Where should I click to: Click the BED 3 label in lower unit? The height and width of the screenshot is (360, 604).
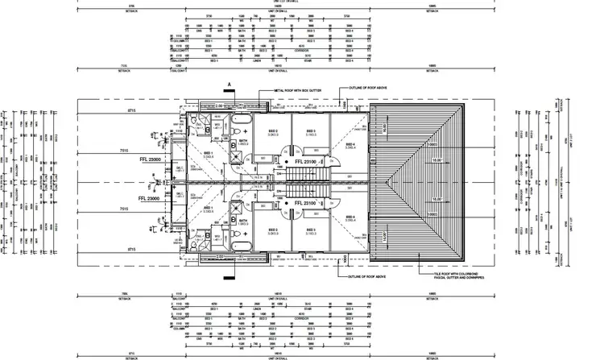click(x=310, y=230)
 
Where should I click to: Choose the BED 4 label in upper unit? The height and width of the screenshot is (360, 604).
click(x=350, y=146)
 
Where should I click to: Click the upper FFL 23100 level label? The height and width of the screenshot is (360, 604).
click(x=308, y=161)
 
